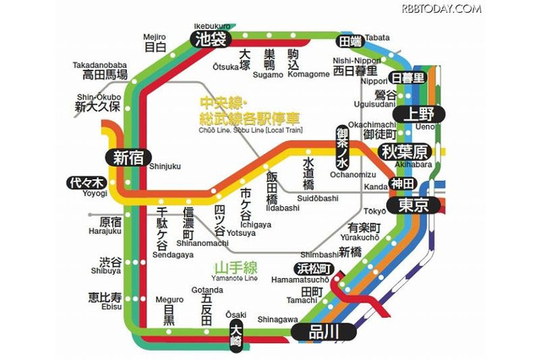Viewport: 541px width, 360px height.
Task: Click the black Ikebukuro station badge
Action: point(208,38)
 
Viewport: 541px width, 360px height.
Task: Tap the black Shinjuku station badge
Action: point(128,156)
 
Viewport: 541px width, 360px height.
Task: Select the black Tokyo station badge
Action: point(413,205)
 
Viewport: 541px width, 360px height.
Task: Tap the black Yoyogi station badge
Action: point(86,183)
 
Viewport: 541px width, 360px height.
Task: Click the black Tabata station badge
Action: point(350,40)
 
